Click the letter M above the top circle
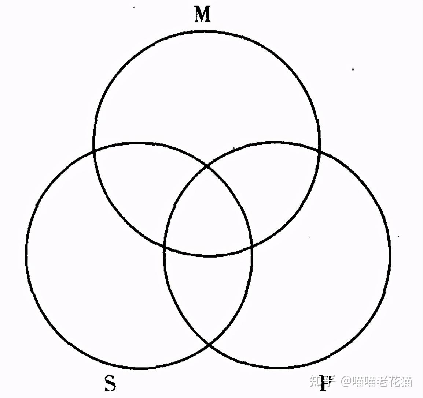click(203, 15)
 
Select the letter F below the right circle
click(323, 383)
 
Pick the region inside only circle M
click(207, 91)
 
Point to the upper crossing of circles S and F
click(208, 166)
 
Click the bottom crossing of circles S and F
click(209, 345)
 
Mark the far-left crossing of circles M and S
click(95, 150)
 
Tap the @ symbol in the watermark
click(346, 382)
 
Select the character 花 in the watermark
click(390, 382)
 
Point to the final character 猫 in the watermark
click(405, 382)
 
